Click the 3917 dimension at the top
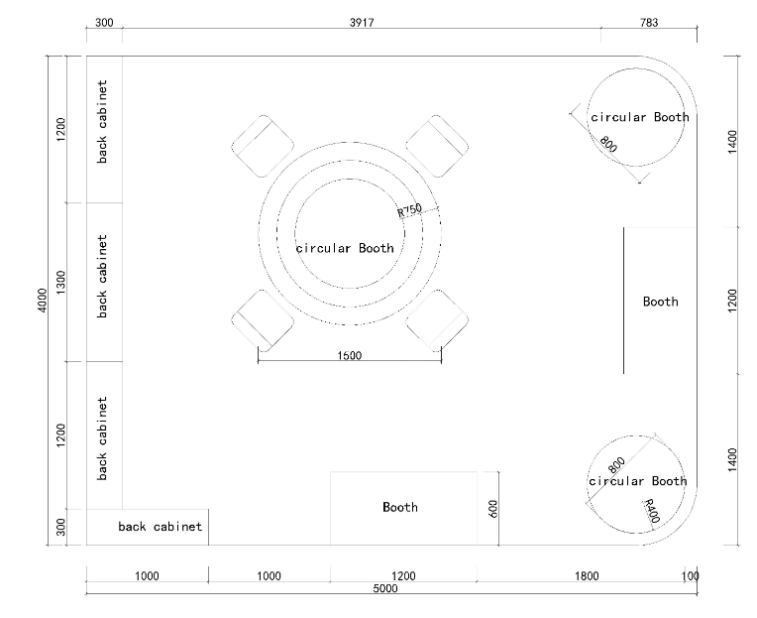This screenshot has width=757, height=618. click(362, 22)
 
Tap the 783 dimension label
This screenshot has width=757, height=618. click(649, 22)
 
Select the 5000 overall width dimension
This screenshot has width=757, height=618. click(385, 588)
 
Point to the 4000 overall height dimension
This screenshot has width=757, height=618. click(43, 300)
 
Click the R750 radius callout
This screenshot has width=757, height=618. click(409, 210)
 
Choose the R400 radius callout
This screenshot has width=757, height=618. click(652, 511)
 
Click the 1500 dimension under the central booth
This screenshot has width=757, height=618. click(349, 356)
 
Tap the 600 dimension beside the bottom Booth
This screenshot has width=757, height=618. click(492, 509)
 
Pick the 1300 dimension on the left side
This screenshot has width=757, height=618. click(60, 282)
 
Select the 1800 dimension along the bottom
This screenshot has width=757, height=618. click(587, 576)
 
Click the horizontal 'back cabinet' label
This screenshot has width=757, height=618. click(160, 526)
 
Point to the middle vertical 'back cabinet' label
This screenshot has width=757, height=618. click(102, 277)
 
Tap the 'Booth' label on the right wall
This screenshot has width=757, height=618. click(661, 302)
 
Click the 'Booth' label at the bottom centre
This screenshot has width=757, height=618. click(400, 507)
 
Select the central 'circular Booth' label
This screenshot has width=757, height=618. click(345, 248)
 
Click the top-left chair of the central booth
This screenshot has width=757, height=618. click(263, 146)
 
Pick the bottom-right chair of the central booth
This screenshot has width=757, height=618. click(436, 320)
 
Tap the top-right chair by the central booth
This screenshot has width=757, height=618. click(436, 146)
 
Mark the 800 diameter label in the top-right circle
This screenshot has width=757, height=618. click(608, 144)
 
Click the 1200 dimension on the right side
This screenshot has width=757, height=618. click(732, 301)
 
